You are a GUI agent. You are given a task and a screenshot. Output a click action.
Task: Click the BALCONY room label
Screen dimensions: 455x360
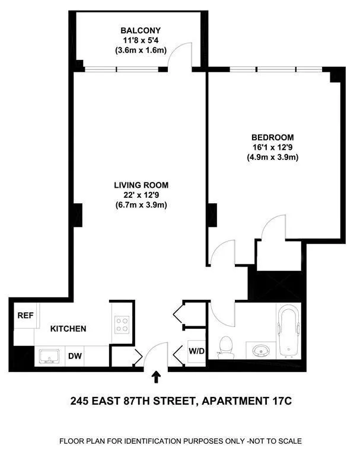pyautogui.click(x=141, y=30)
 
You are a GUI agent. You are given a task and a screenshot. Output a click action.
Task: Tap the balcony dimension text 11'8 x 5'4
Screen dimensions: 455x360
pyautogui.click(x=141, y=40)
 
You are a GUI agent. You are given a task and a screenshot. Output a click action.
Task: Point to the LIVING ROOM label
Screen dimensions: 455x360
pyautogui.click(x=141, y=185)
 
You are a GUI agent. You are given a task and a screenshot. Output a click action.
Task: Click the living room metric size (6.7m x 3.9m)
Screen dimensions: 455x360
pyautogui.click(x=141, y=205)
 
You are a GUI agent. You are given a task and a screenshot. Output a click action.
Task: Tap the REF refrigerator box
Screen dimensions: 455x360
pyautogui.click(x=24, y=315)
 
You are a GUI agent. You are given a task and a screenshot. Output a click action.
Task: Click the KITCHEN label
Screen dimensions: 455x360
pyautogui.click(x=68, y=328)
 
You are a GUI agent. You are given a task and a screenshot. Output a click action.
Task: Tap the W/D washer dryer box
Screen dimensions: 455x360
pyautogui.click(x=196, y=351)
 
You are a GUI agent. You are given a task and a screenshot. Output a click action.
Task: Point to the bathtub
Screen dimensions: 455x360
pyautogui.click(x=290, y=332)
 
